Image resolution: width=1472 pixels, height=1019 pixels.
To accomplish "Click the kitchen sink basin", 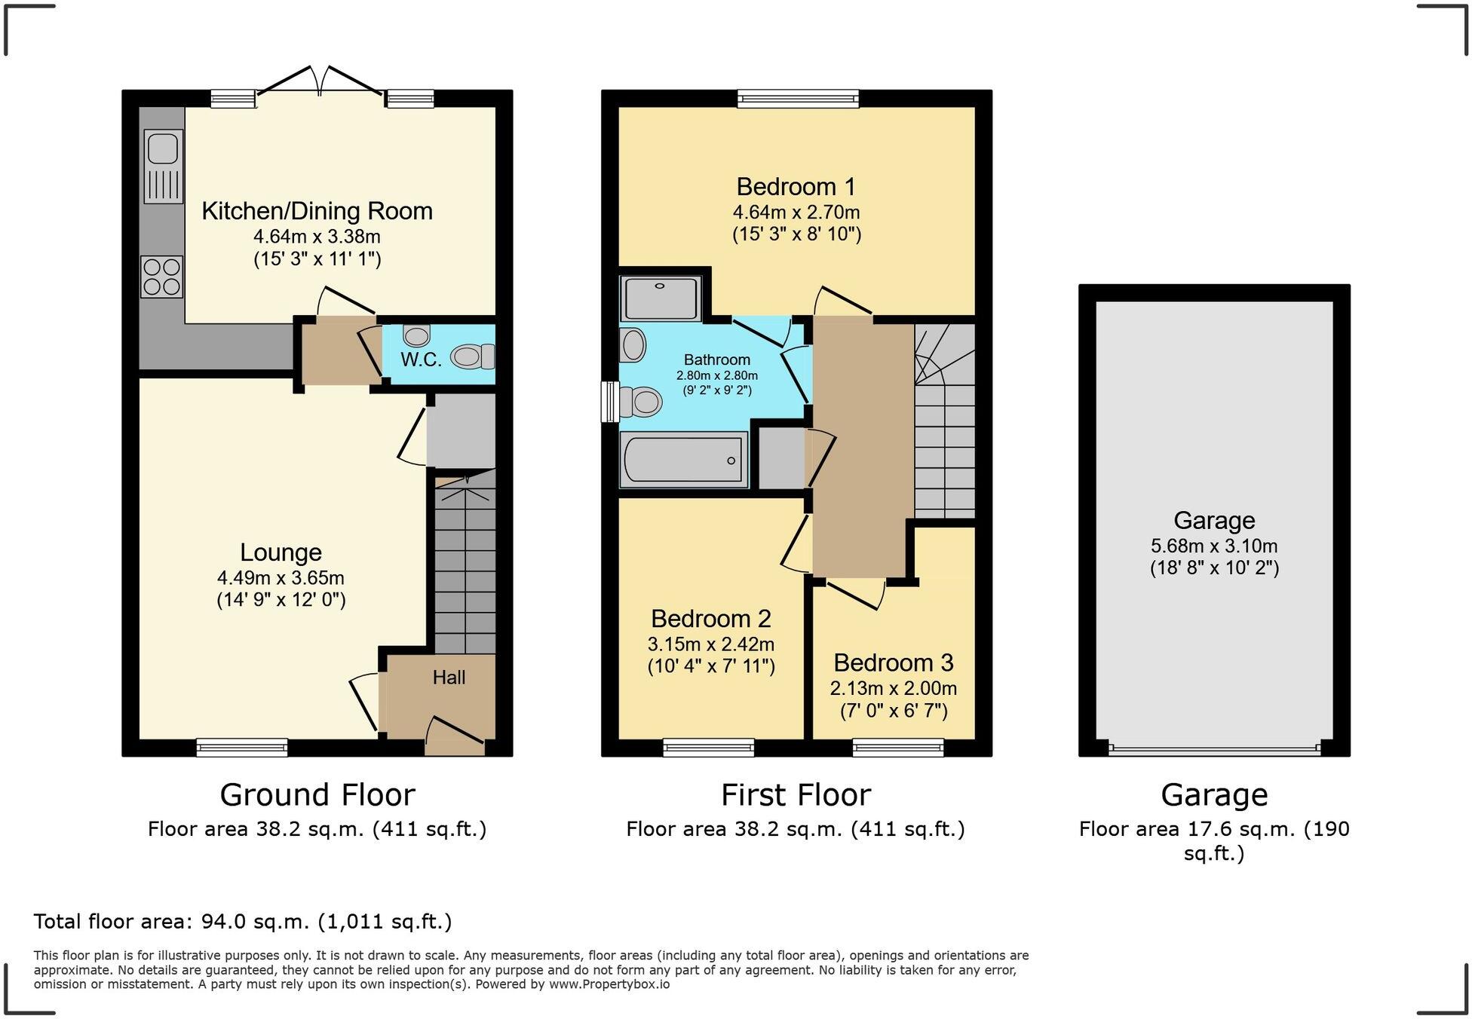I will (162, 148).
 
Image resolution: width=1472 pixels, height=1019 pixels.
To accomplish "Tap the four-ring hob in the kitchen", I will (161, 277).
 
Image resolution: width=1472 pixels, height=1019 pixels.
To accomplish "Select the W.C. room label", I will (421, 360).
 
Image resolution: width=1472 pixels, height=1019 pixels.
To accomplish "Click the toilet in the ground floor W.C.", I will (472, 356).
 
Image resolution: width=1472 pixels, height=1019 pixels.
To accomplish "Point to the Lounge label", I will (281, 552).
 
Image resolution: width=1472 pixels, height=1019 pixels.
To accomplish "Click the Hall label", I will (449, 678).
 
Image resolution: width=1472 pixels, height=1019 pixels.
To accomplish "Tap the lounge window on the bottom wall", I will (241, 747).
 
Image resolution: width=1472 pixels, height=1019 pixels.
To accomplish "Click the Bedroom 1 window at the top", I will (798, 98).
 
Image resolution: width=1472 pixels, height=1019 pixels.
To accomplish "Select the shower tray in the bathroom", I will (661, 298).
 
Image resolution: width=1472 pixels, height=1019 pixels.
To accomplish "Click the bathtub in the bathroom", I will (682, 459).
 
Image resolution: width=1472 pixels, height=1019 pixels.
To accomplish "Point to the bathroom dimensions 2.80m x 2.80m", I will (716, 375).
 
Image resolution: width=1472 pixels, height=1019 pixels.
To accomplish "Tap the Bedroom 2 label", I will (710, 619).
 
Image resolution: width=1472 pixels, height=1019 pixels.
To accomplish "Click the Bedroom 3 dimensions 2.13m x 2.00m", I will (893, 688).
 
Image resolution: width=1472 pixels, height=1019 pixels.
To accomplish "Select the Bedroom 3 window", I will (897, 747).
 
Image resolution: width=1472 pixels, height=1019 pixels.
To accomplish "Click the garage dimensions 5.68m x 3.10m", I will (1213, 546).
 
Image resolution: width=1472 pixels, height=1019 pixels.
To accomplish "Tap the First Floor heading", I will (796, 795).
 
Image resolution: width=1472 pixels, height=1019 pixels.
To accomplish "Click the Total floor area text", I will (243, 921).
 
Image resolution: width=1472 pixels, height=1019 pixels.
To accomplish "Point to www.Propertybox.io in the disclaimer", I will (609, 984).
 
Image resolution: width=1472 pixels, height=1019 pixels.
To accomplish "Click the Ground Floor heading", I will (317, 795).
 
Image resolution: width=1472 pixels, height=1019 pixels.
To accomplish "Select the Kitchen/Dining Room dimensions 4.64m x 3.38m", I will (317, 237).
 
